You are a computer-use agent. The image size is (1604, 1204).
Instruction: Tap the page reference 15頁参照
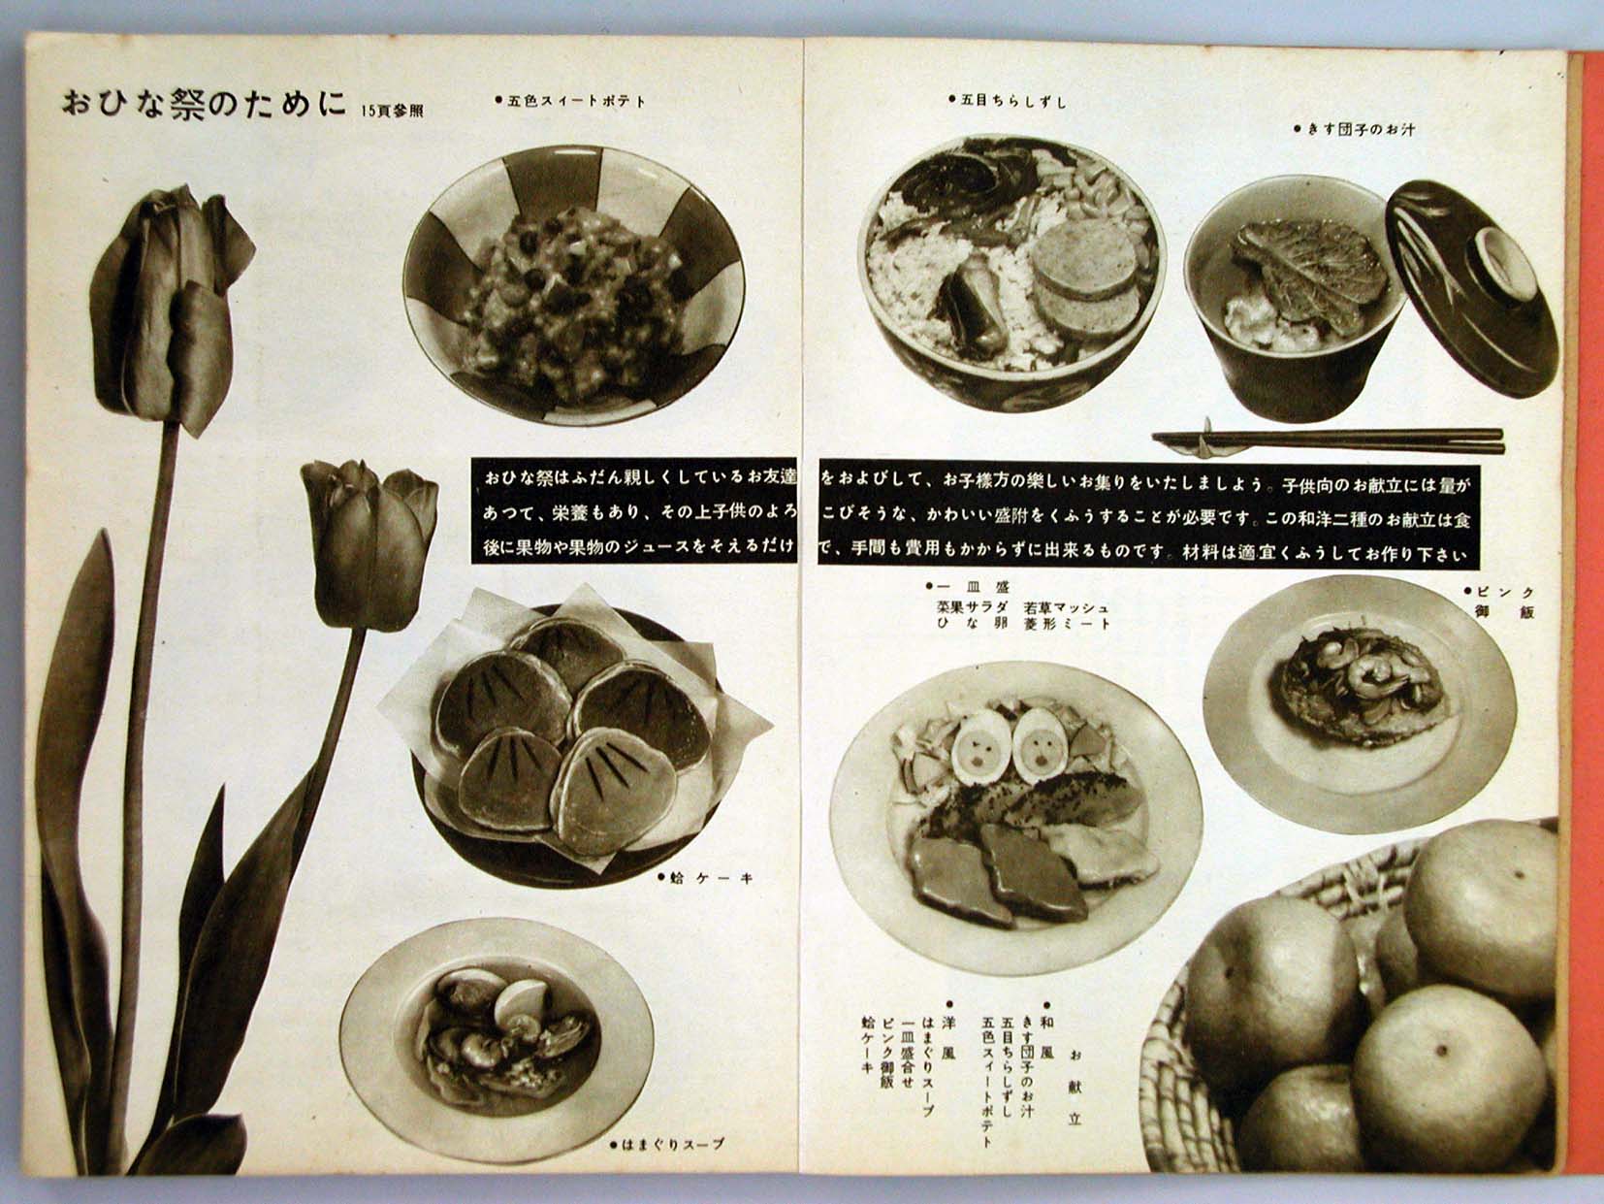click(392, 112)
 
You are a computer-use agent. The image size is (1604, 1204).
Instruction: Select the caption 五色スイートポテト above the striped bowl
click(571, 101)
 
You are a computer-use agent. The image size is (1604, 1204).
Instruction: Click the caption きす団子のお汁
click(1354, 129)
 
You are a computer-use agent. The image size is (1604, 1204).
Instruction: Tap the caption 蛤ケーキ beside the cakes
click(704, 878)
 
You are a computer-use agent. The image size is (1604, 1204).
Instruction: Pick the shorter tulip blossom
click(369, 542)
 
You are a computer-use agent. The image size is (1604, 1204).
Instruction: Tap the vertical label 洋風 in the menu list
click(950, 1037)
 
